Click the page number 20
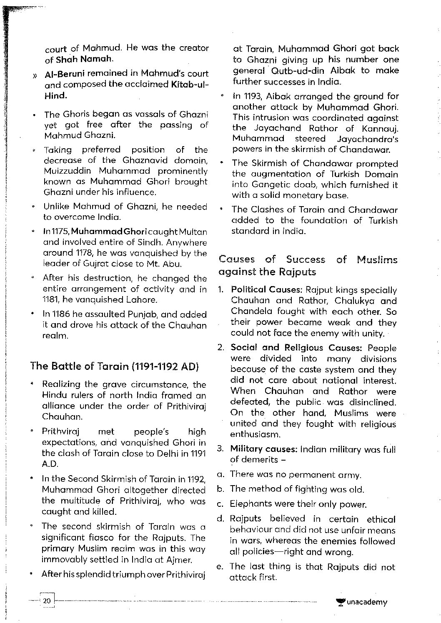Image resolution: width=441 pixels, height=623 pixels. (x=47, y=601)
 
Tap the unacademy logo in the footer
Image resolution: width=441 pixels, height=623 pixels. (x=361, y=602)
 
